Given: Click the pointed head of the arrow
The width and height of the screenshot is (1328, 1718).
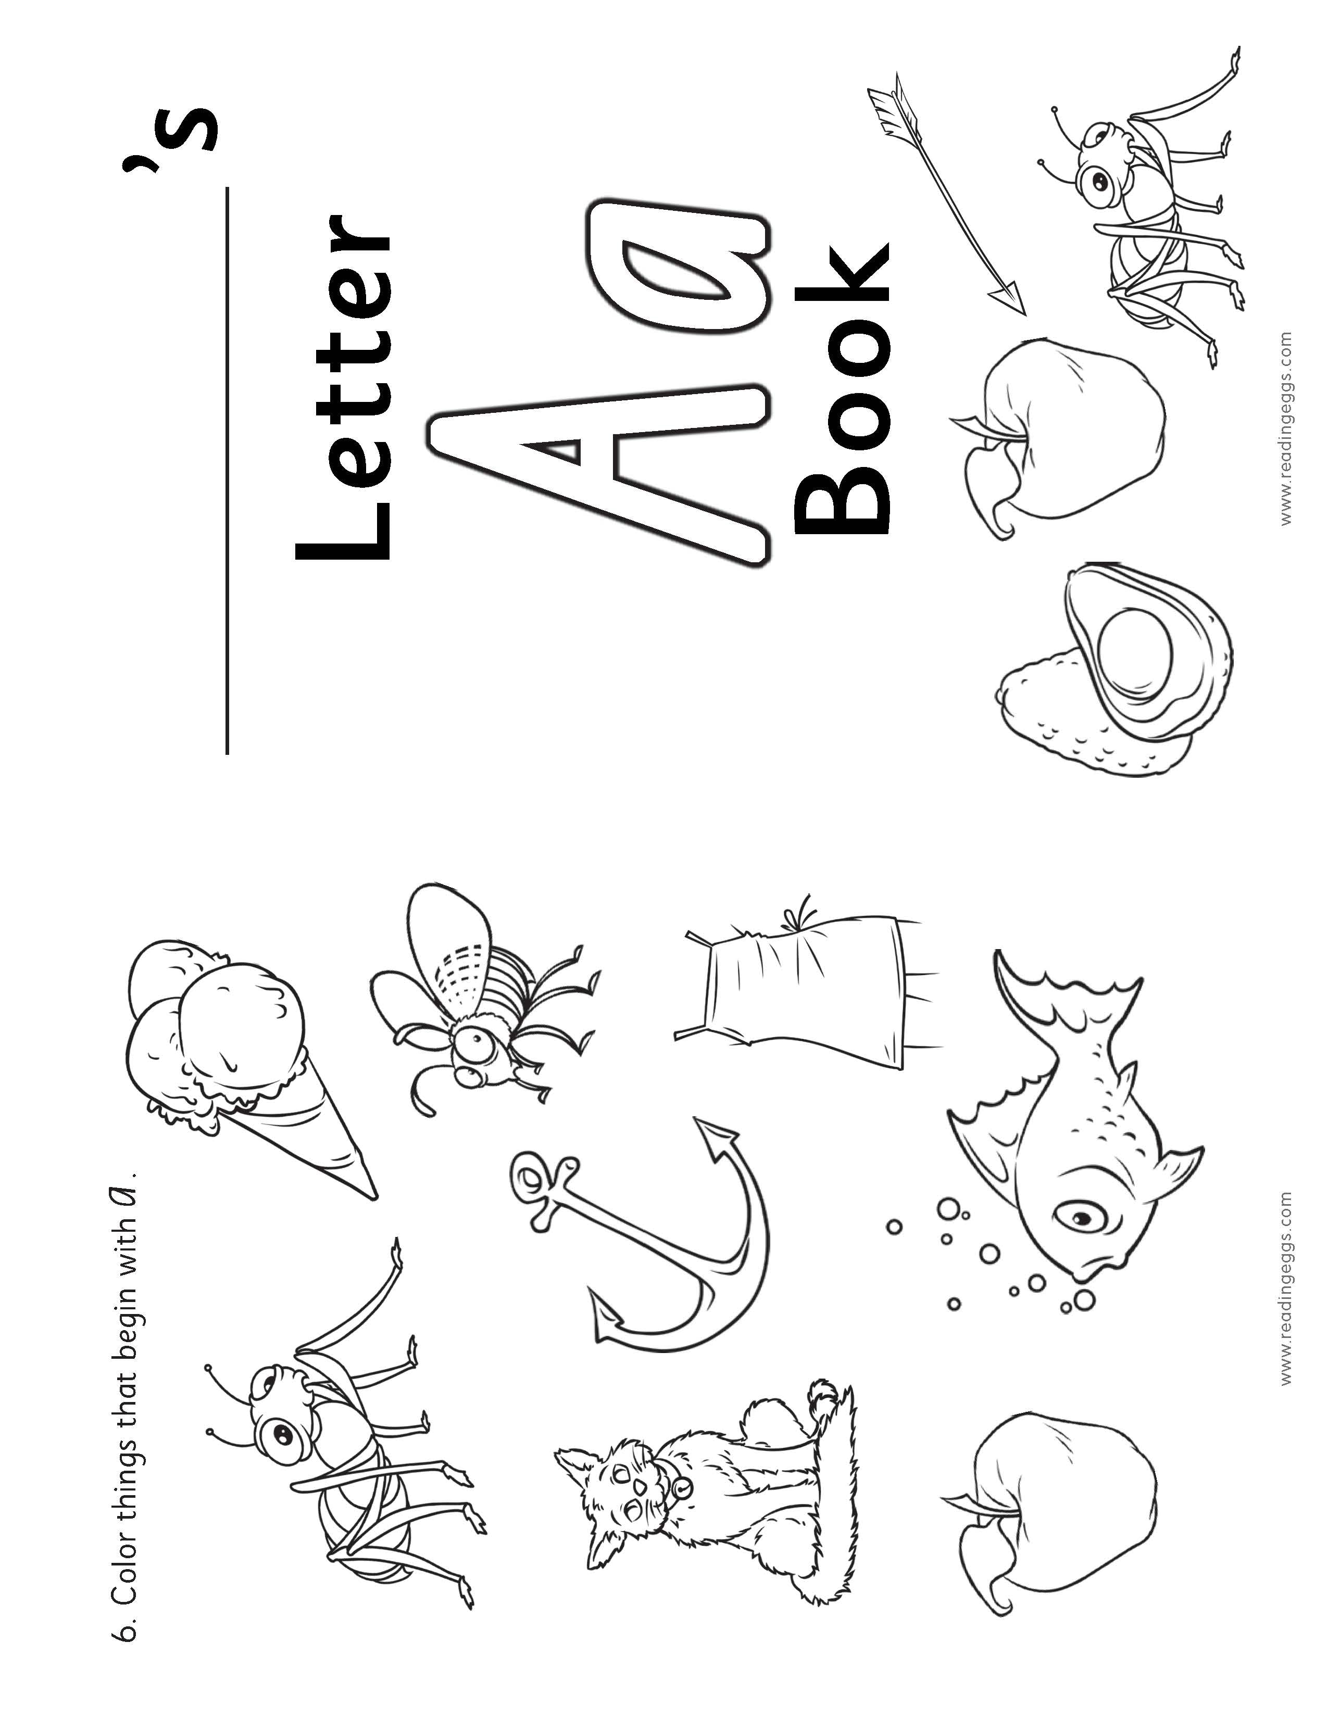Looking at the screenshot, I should [x=1011, y=298].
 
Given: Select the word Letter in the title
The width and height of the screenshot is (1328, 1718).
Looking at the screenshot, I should [x=342, y=385].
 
